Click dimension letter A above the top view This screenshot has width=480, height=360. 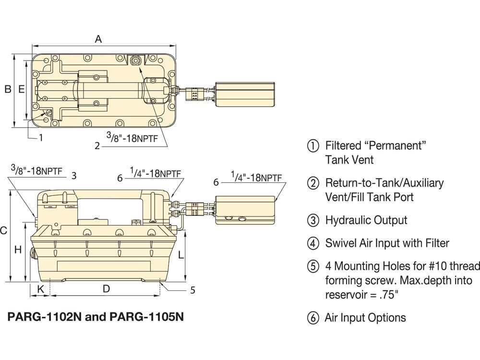[x=98, y=39]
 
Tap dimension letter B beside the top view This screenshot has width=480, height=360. [x=8, y=89]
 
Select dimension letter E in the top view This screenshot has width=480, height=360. [x=21, y=89]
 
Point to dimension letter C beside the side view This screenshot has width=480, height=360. [x=3, y=231]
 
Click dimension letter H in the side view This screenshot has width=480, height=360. [x=18, y=250]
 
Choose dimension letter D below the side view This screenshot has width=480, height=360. [x=107, y=288]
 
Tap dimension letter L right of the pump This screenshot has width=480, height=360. [x=180, y=255]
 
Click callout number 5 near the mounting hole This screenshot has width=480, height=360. [x=192, y=290]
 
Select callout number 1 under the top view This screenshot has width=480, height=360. [x=41, y=138]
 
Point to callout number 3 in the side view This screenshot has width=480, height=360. [x=74, y=176]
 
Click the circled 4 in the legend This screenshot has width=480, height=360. [x=313, y=243]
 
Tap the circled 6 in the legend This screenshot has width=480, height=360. [x=313, y=318]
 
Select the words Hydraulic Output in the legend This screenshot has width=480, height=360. [x=366, y=220]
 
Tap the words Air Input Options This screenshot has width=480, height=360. [x=365, y=318]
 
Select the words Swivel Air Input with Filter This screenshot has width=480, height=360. [x=387, y=243]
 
